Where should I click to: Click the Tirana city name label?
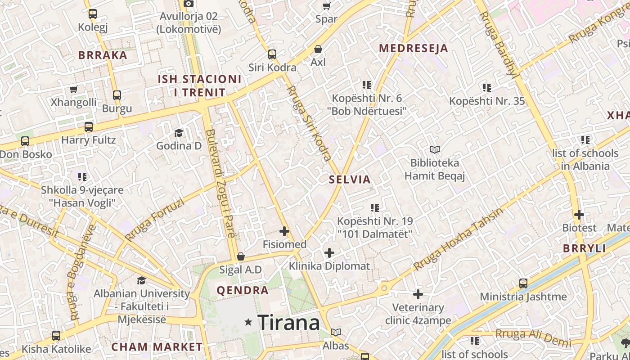tap(288, 323)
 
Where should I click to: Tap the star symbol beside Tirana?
tap(248, 322)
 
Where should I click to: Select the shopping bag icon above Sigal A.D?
tap(241, 256)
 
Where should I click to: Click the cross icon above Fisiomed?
tap(284, 231)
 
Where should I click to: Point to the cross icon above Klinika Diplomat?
tap(329, 253)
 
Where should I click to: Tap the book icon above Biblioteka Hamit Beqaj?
tap(434, 149)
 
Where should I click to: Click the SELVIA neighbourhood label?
tap(350, 180)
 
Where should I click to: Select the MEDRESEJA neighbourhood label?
tap(414, 48)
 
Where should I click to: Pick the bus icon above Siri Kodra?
tap(272, 54)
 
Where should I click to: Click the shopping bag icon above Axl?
tap(318, 49)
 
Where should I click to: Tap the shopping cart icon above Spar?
tap(326, 6)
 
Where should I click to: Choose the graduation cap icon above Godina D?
tap(179, 133)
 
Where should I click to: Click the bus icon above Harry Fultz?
tap(89, 127)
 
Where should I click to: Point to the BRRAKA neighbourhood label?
tap(103, 55)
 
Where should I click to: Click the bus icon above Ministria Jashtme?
tap(523, 283)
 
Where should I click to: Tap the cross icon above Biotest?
tap(579, 215)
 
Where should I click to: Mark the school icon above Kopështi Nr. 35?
tap(486, 87)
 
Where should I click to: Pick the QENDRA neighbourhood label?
tap(243, 290)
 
